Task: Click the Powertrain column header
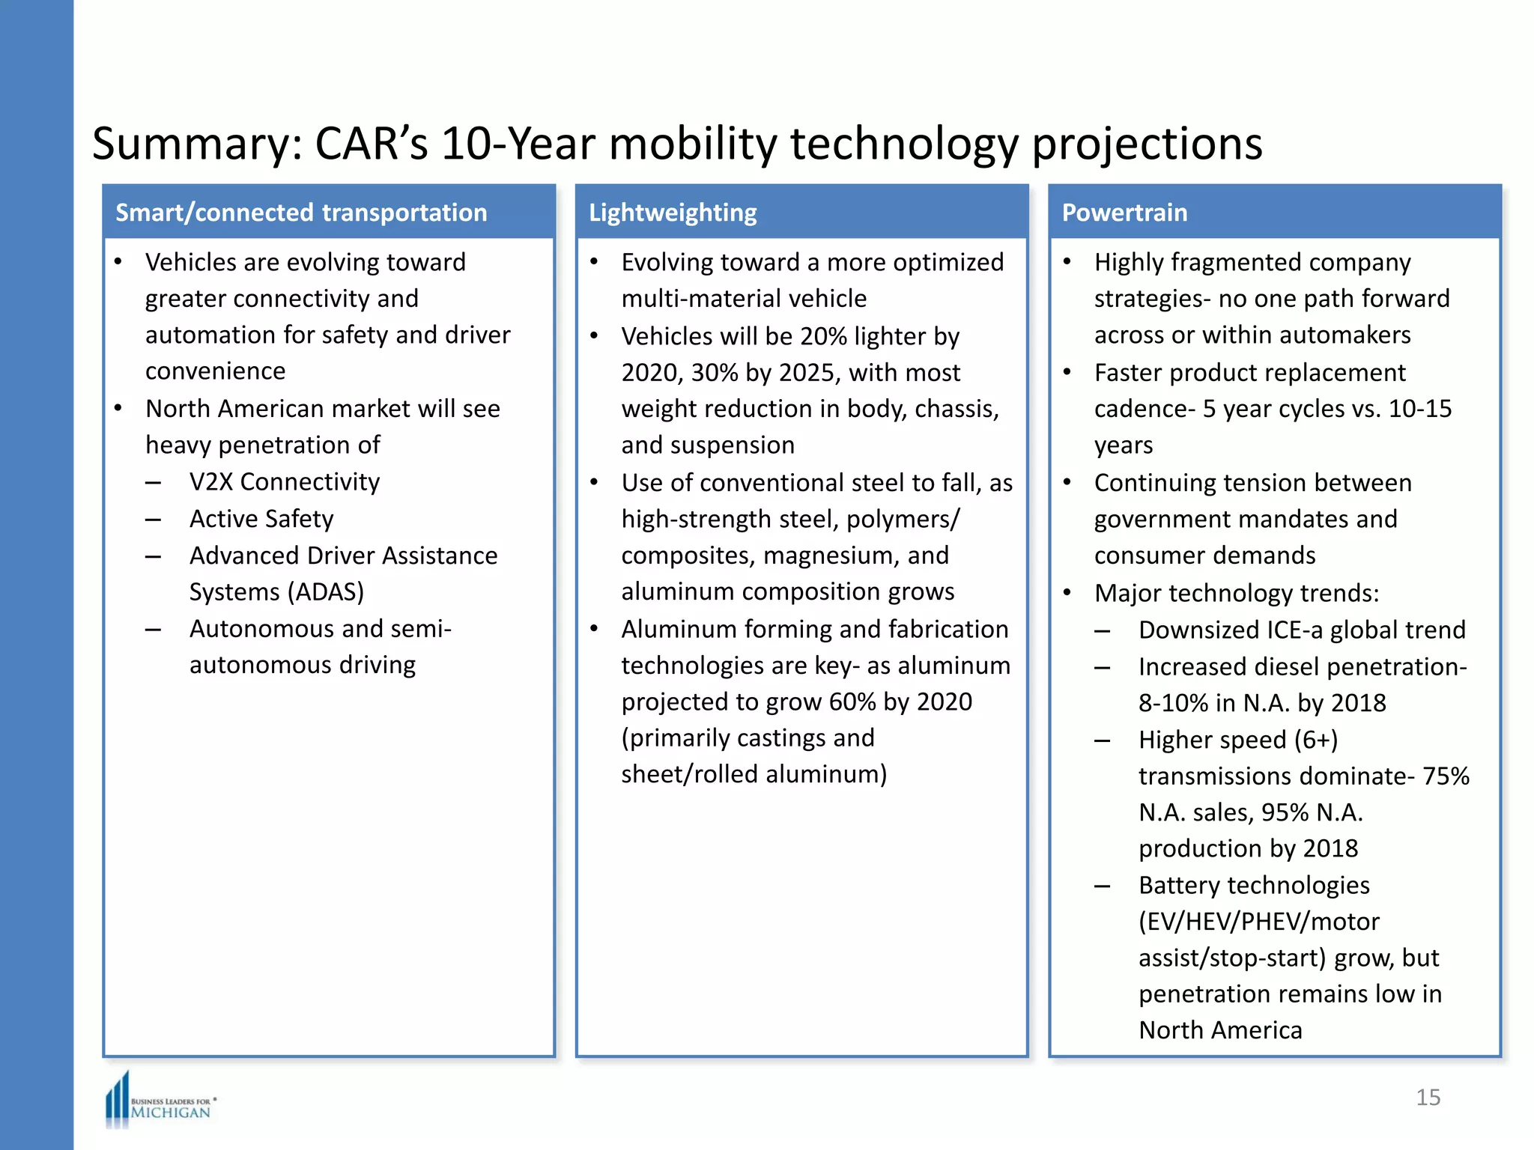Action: (1124, 213)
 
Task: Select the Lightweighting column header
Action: (672, 213)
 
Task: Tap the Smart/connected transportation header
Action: (301, 213)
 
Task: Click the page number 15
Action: (1428, 1097)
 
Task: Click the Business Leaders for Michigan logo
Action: (160, 1102)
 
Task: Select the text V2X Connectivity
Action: (284, 481)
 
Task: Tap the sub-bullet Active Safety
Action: (261, 518)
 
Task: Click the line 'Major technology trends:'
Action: (1236, 593)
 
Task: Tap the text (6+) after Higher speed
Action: (1316, 740)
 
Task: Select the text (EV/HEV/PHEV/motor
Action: (1258, 921)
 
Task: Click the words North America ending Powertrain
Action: (1220, 1030)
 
